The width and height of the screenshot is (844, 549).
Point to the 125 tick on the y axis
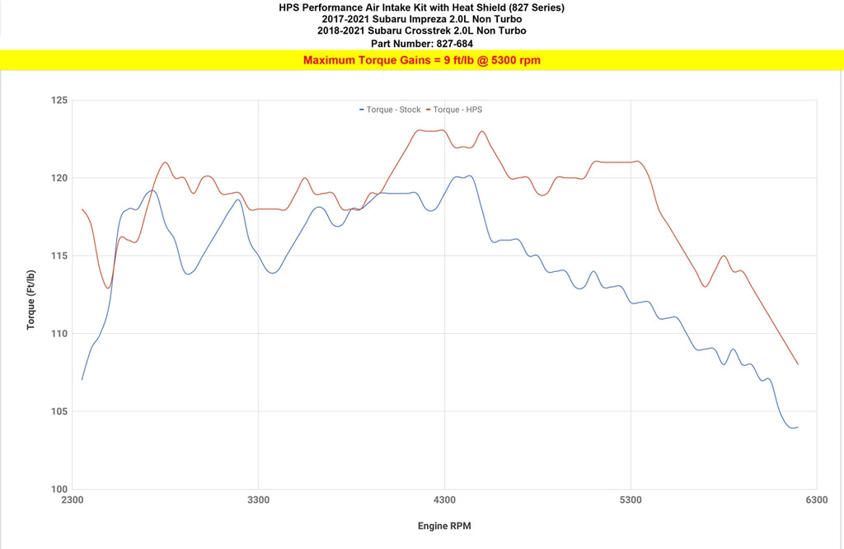[58, 101]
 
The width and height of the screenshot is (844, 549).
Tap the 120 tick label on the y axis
[58, 178]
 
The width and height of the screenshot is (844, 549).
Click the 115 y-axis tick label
[58, 256]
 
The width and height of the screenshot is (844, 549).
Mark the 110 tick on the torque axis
[58, 334]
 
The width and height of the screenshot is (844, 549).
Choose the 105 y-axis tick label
[58, 411]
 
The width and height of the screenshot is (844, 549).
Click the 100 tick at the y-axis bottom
[58, 489]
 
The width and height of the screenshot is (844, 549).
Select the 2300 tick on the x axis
[73, 500]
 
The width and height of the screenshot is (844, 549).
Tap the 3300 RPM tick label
[259, 500]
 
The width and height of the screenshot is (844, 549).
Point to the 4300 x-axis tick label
[444, 500]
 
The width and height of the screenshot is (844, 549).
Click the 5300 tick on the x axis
[631, 500]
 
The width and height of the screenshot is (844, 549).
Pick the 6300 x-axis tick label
[816, 500]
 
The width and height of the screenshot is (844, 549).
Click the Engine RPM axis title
[444, 526]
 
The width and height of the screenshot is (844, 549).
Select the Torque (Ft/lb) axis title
[31, 299]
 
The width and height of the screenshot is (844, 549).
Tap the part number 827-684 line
[421, 43]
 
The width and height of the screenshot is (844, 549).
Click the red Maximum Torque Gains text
[421, 60]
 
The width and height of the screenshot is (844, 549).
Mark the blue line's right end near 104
[797, 427]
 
